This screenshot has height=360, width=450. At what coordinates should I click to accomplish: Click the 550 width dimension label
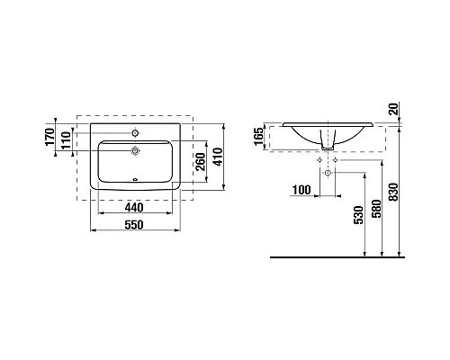tap(134, 225)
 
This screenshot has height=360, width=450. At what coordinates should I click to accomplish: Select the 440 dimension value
tap(134, 207)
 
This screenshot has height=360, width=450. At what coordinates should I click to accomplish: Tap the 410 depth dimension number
tap(218, 157)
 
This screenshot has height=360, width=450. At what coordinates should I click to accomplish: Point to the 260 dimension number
tap(201, 162)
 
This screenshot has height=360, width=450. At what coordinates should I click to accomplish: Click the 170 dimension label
tap(50, 137)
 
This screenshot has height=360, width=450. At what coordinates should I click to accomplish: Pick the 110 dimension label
tap(66, 140)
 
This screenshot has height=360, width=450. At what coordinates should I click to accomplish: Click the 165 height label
tap(259, 137)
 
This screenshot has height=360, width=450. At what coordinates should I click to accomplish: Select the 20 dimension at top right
tap(393, 109)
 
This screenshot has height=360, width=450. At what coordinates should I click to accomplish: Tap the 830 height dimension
tap(393, 192)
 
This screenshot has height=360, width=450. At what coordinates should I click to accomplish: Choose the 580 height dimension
tap(376, 209)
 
